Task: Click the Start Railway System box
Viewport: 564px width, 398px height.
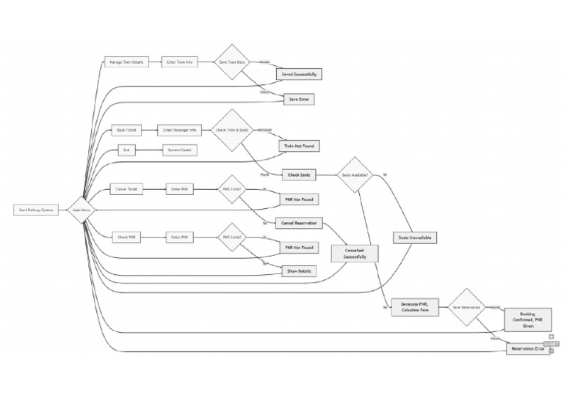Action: click(x=37, y=210)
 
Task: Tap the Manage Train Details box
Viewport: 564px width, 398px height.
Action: click(x=124, y=62)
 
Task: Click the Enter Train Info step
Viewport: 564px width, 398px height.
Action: click(x=180, y=62)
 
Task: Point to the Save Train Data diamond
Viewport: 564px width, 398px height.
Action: click(x=233, y=62)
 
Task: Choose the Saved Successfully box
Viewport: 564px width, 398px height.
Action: click(x=299, y=75)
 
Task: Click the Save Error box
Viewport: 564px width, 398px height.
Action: click(x=299, y=98)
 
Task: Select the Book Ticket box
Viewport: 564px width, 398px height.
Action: click(x=127, y=130)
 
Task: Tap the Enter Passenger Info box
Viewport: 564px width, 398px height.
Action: click(x=180, y=130)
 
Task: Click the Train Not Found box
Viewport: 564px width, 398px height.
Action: click(x=299, y=146)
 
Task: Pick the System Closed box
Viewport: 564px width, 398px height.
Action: click(x=180, y=150)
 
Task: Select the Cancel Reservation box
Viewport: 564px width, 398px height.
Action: click(x=299, y=223)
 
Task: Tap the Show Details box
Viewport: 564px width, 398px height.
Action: click(x=299, y=270)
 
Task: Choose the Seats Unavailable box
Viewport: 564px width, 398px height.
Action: click(x=414, y=237)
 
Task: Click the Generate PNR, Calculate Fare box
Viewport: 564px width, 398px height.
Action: click(x=415, y=307)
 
